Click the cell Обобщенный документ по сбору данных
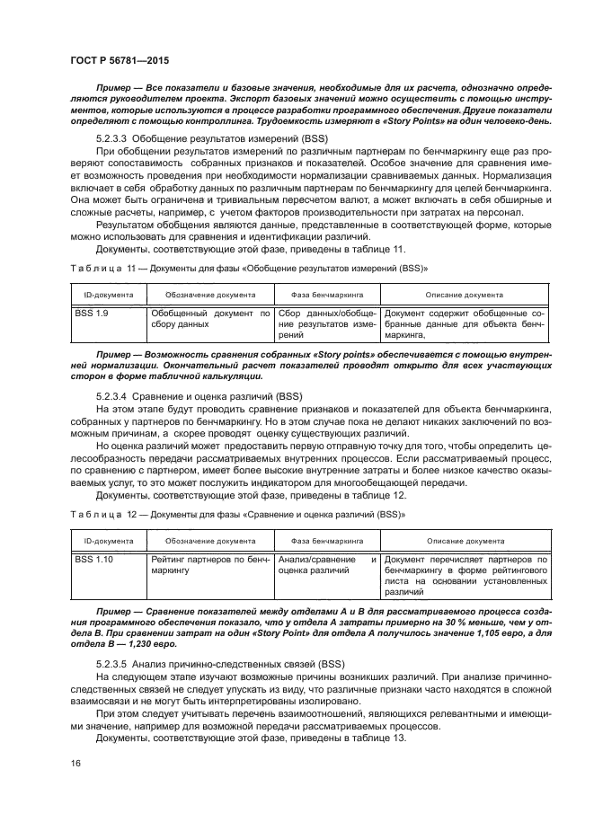click(208, 319)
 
